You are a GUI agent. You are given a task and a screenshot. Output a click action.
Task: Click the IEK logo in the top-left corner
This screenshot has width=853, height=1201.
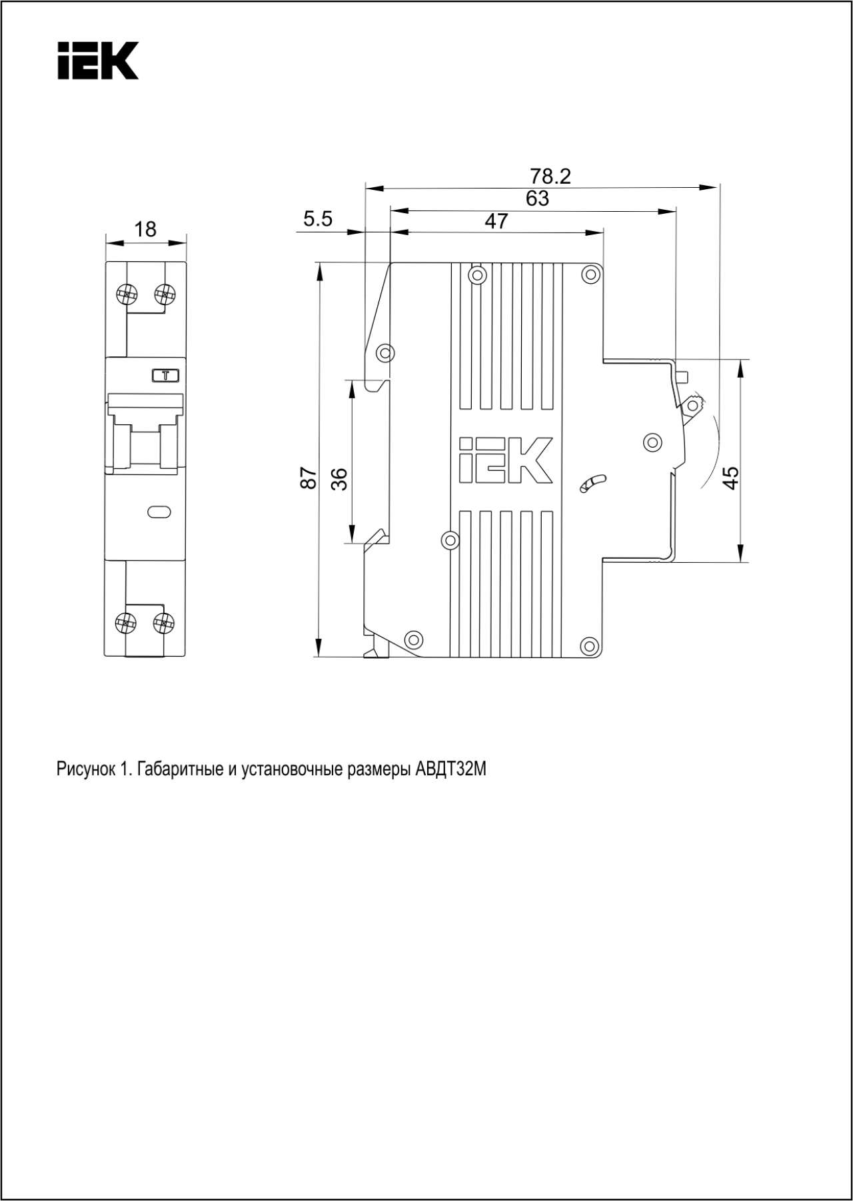pos(98,61)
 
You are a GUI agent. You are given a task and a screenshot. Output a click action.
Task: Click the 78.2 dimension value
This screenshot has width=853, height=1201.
pos(550,177)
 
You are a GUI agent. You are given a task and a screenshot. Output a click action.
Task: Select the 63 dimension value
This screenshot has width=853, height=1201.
pos(537,199)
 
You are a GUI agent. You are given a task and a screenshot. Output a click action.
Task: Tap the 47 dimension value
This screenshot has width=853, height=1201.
pos(496,221)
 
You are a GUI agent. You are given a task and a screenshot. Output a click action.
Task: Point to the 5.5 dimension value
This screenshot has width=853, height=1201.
pos(318,218)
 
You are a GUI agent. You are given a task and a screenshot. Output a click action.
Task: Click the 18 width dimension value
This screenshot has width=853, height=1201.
pos(145,229)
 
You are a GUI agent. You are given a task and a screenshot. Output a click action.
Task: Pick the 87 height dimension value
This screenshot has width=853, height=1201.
pos(309,478)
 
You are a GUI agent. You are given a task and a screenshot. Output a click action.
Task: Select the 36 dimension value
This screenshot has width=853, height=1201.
pos(339,478)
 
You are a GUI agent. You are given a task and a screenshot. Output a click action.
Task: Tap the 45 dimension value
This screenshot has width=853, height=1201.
pos(731,478)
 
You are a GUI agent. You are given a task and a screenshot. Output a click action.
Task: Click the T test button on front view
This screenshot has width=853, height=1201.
pos(165,376)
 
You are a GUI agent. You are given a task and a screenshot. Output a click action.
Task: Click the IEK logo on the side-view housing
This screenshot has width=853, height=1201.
pos(506,460)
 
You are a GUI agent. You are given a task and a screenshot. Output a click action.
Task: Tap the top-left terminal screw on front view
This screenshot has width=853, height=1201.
pos(126,293)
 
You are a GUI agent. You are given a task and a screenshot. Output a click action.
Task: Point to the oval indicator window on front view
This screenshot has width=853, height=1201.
pos(159,512)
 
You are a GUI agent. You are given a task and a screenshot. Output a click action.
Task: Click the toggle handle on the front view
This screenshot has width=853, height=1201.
pos(146,434)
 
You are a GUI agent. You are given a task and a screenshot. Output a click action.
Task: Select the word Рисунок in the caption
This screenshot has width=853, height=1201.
pos(85,770)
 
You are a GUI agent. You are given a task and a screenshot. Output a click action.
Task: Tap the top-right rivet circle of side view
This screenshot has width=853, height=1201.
pos(589,274)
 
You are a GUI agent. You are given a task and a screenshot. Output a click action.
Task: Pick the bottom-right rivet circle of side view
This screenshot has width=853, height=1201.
pos(588,645)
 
